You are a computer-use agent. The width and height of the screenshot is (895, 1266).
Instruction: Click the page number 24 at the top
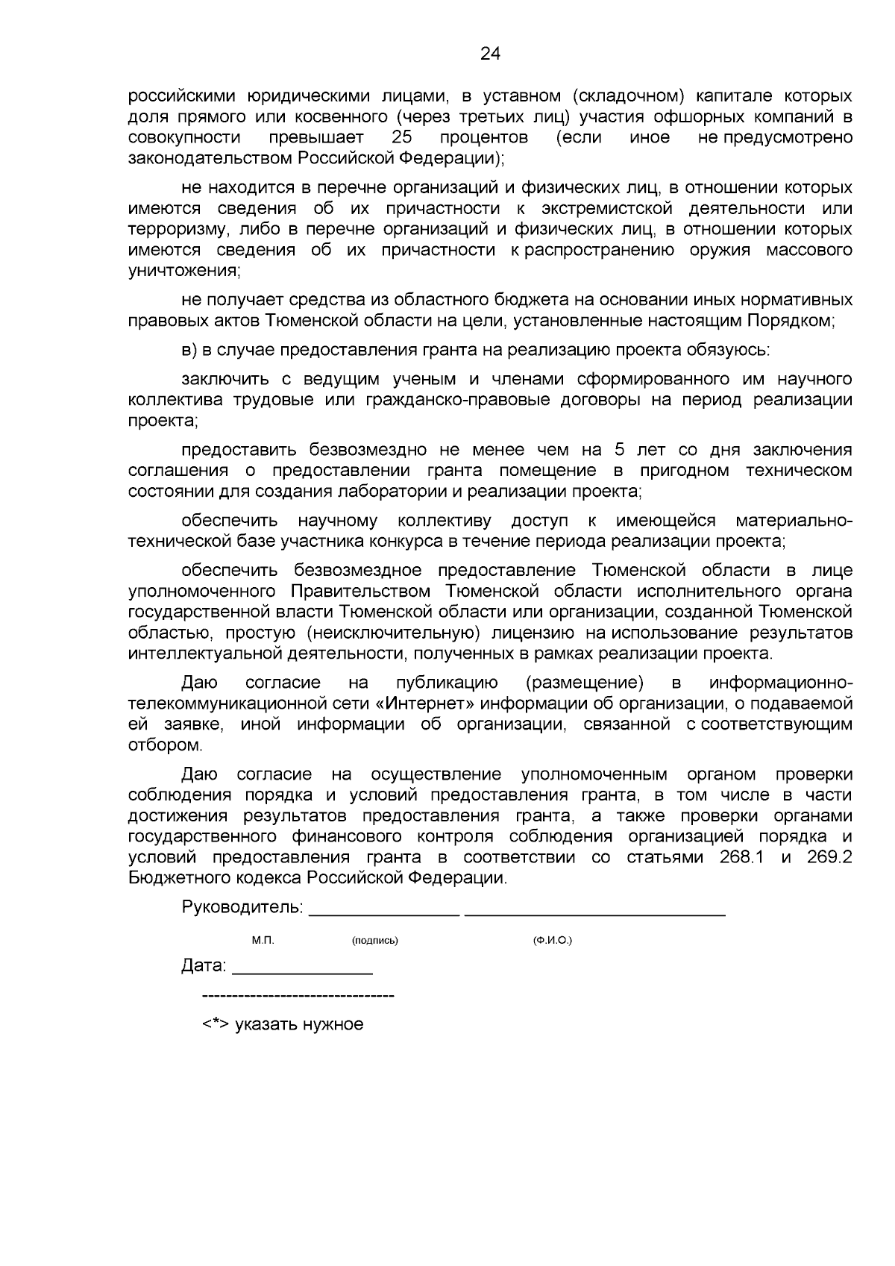pyautogui.click(x=491, y=53)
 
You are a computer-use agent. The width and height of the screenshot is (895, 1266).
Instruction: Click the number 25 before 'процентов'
pyautogui.click(x=402, y=138)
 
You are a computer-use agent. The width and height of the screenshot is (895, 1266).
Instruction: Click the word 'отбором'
pyautogui.click(x=165, y=745)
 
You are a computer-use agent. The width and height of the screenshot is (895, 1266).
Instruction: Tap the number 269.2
pyautogui.click(x=829, y=857)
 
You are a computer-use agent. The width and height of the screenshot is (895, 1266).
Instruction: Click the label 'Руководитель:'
pyautogui.click(x=242, y=908)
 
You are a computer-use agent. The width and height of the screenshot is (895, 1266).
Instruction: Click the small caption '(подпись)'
pyautogui.click(x=374, y=941)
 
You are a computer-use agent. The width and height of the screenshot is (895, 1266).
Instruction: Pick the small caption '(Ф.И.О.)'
pyautogui.click(x=552, y=941)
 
